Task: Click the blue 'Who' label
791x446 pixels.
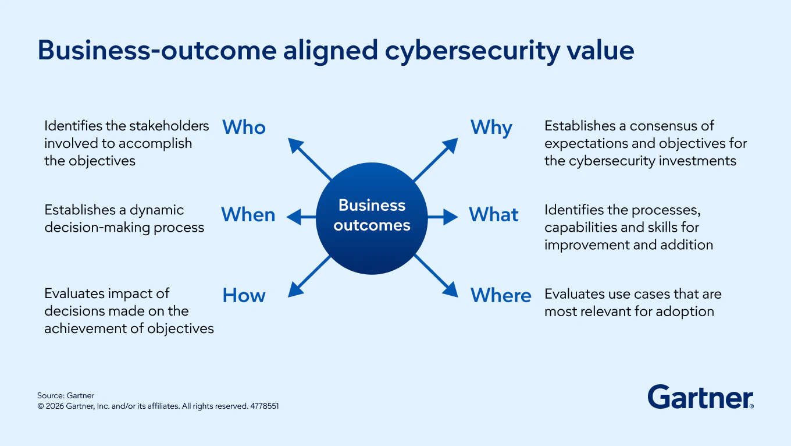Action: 244,128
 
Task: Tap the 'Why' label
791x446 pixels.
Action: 491,128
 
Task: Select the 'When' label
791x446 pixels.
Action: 248,214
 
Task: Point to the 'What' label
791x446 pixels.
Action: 494,214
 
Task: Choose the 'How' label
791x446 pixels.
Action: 244,295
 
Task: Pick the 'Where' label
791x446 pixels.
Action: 501,295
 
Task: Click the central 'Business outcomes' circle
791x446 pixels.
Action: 372,218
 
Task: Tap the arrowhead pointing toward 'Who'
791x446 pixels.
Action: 295,145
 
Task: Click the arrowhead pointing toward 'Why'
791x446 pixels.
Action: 450,145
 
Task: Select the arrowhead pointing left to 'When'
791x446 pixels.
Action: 294,217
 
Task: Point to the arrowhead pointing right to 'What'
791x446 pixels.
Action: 451,217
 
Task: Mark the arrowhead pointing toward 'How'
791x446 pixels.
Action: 295,290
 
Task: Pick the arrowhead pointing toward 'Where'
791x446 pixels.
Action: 451,290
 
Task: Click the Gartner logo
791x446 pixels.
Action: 701,397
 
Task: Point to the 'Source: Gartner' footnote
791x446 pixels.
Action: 66,395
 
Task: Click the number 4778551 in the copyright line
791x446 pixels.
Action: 265,406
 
